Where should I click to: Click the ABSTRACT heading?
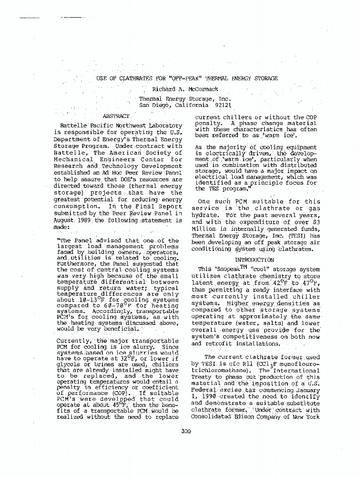point(116,116)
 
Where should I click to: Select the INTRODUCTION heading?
point(254,259)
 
